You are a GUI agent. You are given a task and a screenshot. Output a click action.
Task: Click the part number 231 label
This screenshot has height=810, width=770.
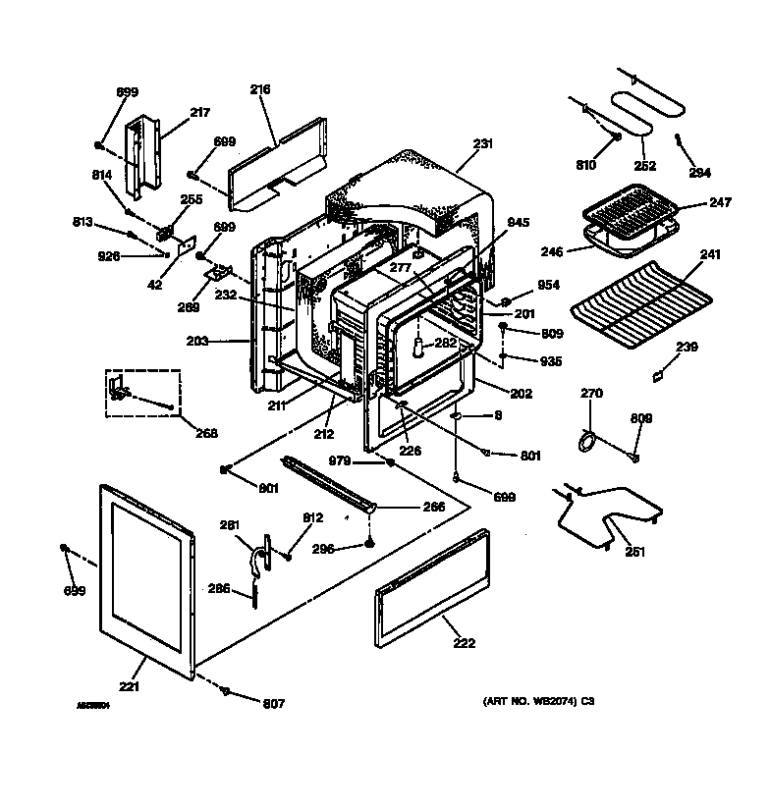pyautogui.click(x=482, y=144)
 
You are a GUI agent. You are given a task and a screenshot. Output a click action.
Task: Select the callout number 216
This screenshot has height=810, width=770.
pyautogui.click(x=259, y=90)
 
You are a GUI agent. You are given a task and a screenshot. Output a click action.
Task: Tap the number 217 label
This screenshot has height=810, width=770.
pyautogui.click(x=200, y=113)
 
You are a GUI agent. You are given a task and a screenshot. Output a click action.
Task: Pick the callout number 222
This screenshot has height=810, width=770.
pyautogui.click(x=464, y=643)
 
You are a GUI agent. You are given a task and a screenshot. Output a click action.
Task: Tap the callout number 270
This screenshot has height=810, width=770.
pyautogui.click(x=591, y=393)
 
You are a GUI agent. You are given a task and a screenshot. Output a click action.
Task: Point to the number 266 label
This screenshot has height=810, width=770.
pyautogui.click(x=433, y=507)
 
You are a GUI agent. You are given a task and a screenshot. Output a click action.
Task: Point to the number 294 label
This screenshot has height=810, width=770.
pyautogui.click(x=699, y=173)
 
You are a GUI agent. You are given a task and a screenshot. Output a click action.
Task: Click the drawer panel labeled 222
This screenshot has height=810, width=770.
pyautogui.click(x=432, y=589)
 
